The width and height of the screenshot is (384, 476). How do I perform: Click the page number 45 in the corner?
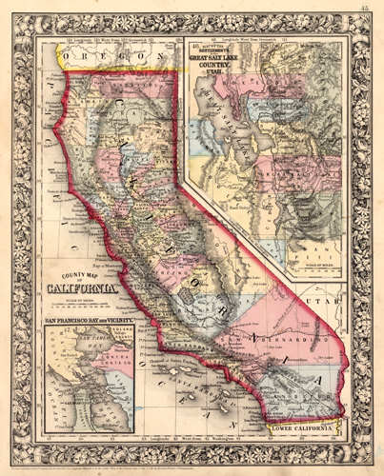[365, 9]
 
